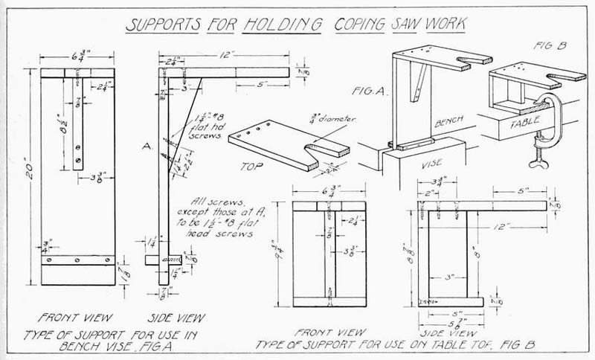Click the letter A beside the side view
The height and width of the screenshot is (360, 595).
point(148,148)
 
